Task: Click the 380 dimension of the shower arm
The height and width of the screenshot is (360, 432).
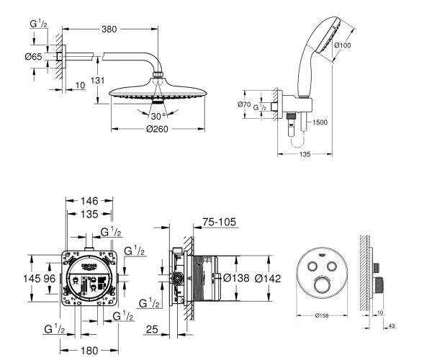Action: (x=109, y=29)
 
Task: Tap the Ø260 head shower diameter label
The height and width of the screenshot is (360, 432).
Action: (x=157, y=129)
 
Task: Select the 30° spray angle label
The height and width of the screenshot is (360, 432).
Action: (x=158, y=116)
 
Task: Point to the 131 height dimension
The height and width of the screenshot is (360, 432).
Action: (x=97, y=81)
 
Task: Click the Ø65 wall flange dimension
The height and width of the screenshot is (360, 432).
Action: (x=33, y=57)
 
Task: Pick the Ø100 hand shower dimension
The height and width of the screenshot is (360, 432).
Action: (x=343, y=45)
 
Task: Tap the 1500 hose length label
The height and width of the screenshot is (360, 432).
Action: (x=320, y=122)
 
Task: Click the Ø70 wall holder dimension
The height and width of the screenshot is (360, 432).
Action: (x=244, y=104)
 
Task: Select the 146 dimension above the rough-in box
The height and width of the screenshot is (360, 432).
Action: (x=89, y=201)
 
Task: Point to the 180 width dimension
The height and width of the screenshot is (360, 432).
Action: (x=89, y=351)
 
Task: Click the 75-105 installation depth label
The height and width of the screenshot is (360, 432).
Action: (x=220, y=222)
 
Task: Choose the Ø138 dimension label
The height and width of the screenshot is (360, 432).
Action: (x=236, y=278)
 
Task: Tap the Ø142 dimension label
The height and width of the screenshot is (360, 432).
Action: (x=268, y=279)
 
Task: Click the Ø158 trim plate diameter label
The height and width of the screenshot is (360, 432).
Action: (x=322, y=315)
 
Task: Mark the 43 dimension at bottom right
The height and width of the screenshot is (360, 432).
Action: (x=392, y=326)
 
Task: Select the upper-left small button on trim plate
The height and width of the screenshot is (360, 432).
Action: (x=312, y=266)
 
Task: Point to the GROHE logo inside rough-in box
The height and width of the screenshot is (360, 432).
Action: (x=89, y=266)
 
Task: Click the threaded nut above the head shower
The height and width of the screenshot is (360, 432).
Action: (x=158, y=74)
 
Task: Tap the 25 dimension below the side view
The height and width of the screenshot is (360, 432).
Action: (x=152, y=329)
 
